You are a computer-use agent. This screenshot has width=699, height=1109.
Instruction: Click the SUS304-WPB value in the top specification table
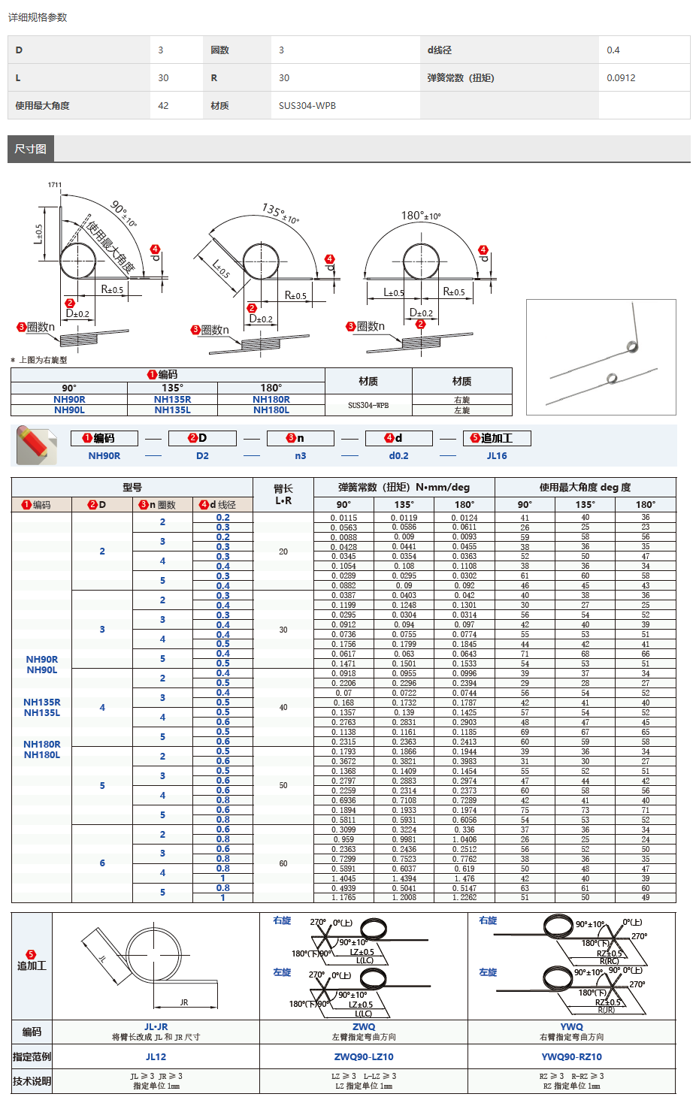(307, 106)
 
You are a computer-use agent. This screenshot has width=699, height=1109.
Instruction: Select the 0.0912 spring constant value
(621, 78)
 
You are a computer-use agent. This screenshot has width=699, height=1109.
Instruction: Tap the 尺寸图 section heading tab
(31, 149)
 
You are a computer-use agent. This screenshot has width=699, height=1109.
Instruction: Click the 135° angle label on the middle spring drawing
(280, 212)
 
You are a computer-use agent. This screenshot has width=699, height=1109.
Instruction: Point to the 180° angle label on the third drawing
(420, 216)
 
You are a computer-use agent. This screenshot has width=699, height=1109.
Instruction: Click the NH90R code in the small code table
(69, 400)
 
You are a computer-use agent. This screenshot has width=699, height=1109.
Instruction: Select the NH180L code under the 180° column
(271, 410)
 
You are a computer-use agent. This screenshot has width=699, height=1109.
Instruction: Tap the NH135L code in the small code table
(172, 410)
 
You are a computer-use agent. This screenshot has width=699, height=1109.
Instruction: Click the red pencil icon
(36, 445)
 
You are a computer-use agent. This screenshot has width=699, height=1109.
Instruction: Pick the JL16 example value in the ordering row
(496, 456)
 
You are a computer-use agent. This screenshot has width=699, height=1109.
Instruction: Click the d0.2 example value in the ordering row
(398, 456)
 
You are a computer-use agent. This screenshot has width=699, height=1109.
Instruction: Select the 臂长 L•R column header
(283, 494)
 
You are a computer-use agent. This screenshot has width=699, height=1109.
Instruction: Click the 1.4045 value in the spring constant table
(343, 878)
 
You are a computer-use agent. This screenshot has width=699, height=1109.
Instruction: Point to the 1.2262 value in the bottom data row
(464, 898)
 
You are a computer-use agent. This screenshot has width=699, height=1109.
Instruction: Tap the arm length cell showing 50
(283, 785)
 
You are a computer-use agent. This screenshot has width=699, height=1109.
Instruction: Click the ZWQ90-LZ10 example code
(364, 1057)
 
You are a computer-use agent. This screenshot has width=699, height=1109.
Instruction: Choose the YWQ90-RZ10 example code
(571, 1057)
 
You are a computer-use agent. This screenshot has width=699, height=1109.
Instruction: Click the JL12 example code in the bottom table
(156, 1057)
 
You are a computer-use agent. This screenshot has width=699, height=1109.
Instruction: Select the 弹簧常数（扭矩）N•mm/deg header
(404, 487)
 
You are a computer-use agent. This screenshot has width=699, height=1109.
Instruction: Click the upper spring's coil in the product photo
(632, 346)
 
